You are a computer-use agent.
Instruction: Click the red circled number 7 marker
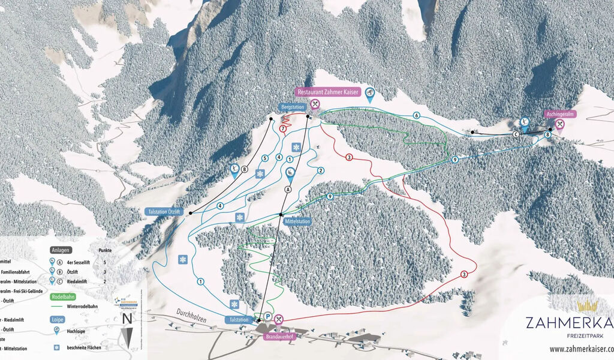[x=282, y=129]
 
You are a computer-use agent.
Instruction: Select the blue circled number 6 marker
[x=416, y=115]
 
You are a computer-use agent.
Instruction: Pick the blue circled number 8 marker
[x=547, y=136]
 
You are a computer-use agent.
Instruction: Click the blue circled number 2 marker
[x=321, y=171]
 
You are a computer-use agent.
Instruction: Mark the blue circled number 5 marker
[x=264, y=158]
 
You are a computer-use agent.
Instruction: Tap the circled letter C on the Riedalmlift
[x=515, y=134]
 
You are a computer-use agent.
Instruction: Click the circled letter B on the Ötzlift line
[x=245, y=169]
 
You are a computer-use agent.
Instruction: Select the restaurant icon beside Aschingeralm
[x=559, y=125]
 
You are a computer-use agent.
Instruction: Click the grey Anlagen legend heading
[x=61, y=250]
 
